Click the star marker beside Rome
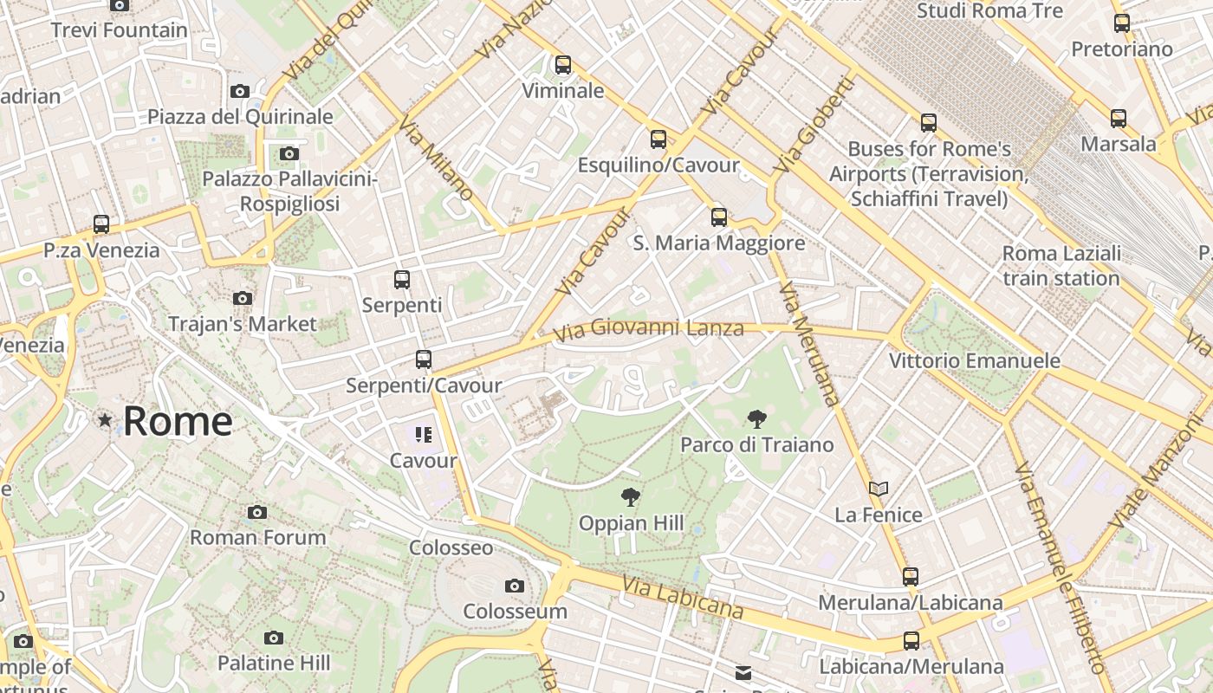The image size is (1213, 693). coord(105,421)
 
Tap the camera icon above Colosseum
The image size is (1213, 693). coord(515,586)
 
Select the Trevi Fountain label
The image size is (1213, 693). coord(120,30)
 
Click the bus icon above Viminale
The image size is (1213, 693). coord(563,65)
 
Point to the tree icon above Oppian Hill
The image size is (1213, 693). coord(631,497)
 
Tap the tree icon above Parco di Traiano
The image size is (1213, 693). coord(756,419)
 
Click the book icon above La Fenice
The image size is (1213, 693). coord(879,489)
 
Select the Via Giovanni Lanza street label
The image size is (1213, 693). coord(648,329)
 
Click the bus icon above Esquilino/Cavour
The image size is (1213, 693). coord(658,139)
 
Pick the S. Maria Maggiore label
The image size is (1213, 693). coord(719,243)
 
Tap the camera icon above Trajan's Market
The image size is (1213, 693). coord(243,299)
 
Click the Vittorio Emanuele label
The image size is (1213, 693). coord(975,360)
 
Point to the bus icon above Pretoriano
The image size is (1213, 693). coord(1122,23)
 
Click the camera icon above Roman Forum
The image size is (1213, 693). coord(257,512)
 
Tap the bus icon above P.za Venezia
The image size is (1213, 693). coord(101,224)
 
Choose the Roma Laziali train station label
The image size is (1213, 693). coord(1061,266)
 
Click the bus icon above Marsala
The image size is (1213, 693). coord(1119,119)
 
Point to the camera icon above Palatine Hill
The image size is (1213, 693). coord(274,638)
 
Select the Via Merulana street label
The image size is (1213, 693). coord(809,343)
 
